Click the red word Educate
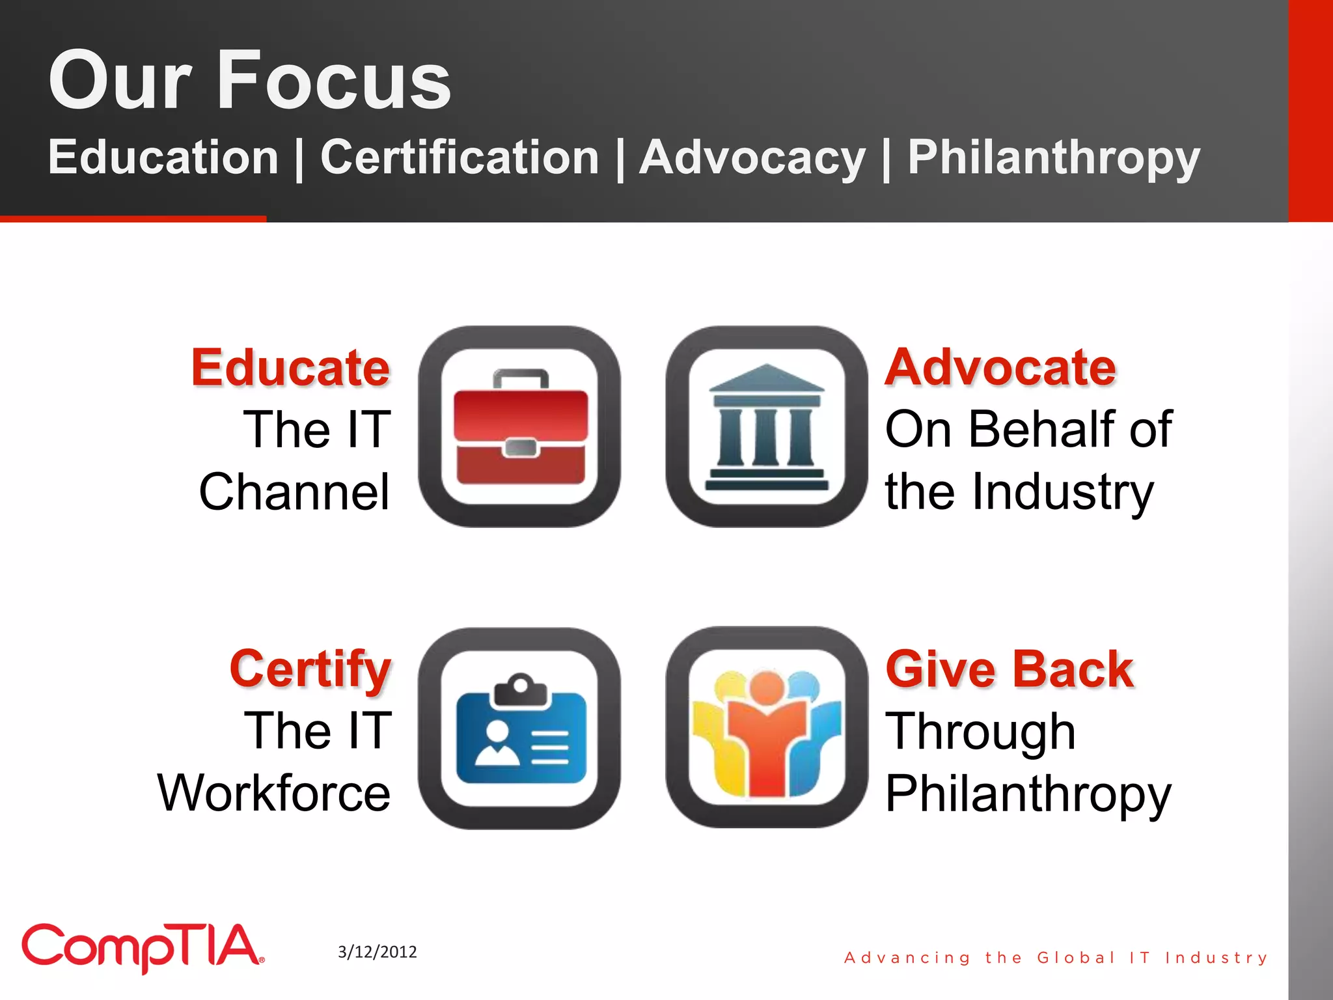[290, 368]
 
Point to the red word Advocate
[1000, 368]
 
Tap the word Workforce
[274, 793]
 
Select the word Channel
[294, 492]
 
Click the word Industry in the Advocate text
[1063, 493]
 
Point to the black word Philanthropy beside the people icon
[1028, 794]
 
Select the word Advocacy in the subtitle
[752, 158]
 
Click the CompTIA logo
[143, 947]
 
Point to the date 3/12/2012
[378, 952]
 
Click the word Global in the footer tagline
[1075, 958]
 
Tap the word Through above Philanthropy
[980, 732]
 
